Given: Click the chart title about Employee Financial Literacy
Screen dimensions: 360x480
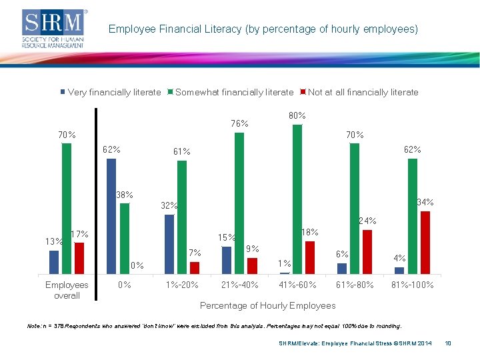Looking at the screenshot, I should click(263, 29).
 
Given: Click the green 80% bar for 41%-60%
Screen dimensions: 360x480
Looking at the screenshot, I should click(297, 199).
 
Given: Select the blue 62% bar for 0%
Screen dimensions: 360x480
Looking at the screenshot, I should click(111, 216).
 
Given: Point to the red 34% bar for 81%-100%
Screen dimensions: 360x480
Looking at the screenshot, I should click(425, 243).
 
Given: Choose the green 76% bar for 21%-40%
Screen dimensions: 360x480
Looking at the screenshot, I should click(239, 203).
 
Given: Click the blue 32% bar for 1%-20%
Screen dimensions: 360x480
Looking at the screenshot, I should click(169, 244).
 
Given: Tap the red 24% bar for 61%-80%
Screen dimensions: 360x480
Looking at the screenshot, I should click(367, 252).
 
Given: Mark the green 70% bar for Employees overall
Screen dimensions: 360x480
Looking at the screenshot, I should click(67, 209).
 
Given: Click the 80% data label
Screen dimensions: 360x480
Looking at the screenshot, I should click(297, 116).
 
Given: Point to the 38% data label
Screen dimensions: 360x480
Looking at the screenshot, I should click(124, 195).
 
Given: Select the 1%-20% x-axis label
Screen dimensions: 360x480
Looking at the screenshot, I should click(182, 285).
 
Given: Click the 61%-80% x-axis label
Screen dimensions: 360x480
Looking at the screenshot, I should click(355, 285).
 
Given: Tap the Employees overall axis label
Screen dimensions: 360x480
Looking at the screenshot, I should click(67, 290).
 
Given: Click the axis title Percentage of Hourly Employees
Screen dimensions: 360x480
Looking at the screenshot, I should click(268, 305).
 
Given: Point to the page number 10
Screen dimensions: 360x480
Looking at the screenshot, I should click(448, 343).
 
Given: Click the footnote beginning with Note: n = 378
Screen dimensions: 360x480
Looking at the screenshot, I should click(214, 327).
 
